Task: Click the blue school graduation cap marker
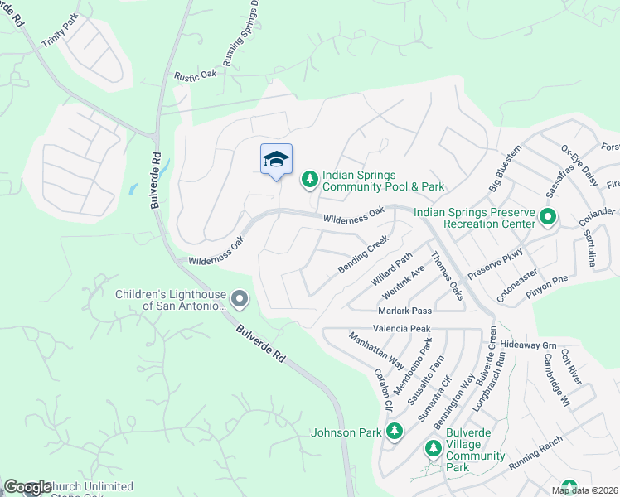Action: tap(276, 159)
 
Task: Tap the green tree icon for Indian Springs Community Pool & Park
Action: tap(309, 179)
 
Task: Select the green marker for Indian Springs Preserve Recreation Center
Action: tap(547, 218)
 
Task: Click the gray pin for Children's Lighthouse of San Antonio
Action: tap(240, 298)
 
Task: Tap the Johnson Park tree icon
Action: tap(395, 432)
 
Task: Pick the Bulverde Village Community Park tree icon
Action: tap(433, 448)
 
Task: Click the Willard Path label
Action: tap(391, 270)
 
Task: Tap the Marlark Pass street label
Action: tap(405, 310)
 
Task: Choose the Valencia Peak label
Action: tap(402, 329)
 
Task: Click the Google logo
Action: tap(27, 487)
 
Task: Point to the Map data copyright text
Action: tap(584, 490)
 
